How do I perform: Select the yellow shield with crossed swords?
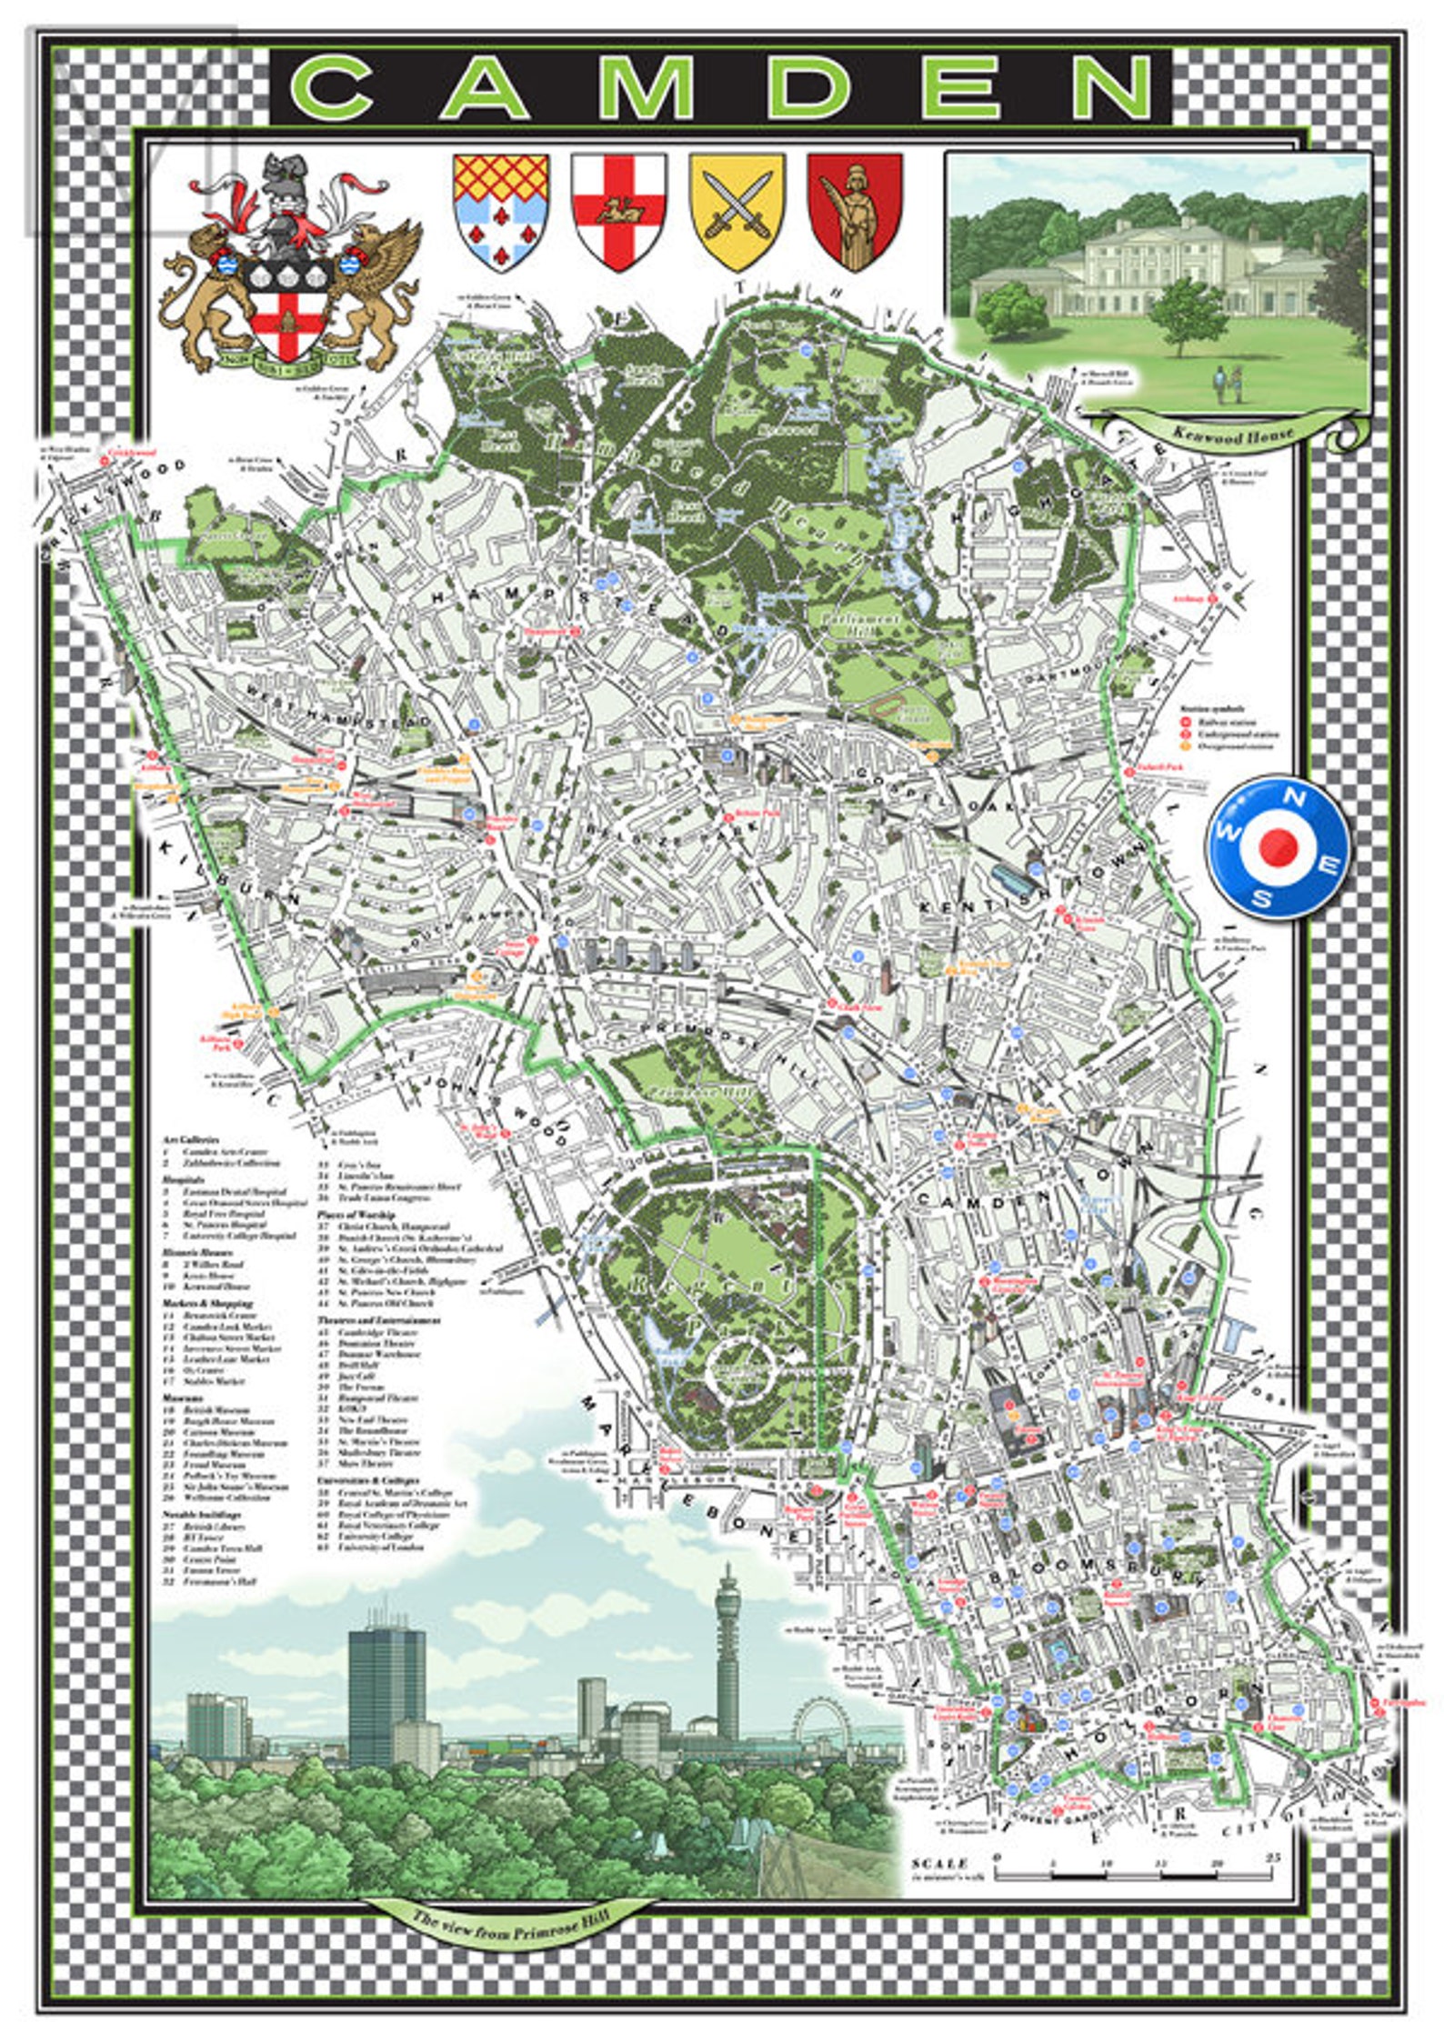737,210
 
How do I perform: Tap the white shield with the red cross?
618,210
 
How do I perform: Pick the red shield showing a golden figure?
855,210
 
